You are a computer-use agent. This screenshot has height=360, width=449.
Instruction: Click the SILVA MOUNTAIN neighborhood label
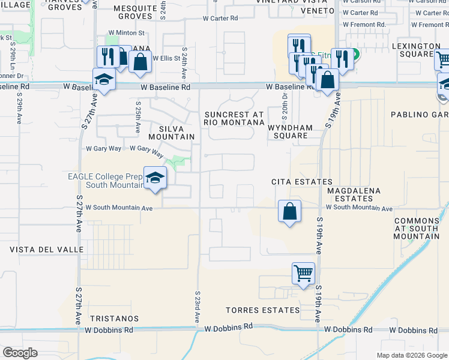(176, 133)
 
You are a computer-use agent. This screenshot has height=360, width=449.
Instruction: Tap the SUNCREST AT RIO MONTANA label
(234, 118)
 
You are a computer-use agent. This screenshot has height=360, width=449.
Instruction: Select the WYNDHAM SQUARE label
(291, 131)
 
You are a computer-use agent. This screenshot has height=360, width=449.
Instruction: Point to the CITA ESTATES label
(301, 182)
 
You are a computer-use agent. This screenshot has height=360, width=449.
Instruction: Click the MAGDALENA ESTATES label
(354, 194)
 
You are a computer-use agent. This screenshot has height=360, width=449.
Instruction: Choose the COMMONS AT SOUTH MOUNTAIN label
(417, 229)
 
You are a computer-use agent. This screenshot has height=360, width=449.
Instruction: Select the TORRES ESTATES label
(262, 310)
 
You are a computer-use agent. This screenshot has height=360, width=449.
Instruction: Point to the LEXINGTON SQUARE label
(417, 50)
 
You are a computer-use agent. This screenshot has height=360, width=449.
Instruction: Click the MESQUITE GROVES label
(135, 12)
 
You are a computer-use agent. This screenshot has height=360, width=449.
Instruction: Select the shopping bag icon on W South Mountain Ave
(289, 212)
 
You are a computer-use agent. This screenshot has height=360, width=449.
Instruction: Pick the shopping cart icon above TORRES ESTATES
(304, 273)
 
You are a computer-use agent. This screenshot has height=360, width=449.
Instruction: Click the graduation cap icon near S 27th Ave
(104, 80)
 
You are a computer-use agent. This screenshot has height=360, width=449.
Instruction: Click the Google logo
(20, 353)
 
